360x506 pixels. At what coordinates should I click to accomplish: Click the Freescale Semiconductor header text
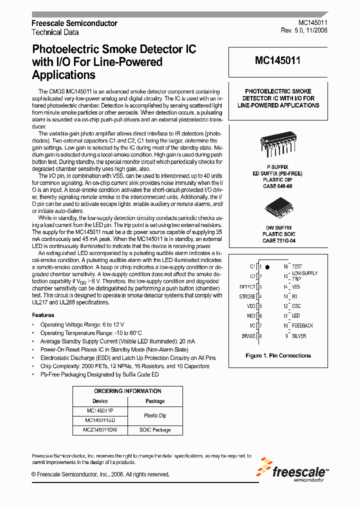(x=74, y=23)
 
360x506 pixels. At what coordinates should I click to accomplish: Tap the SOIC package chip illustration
(x=277, y=205)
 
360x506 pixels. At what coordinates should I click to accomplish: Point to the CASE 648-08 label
(x=277, y=186)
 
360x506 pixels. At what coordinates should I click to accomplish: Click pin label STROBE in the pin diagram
(x=247, y=296)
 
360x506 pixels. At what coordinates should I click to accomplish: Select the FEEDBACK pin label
(x=302, y=326)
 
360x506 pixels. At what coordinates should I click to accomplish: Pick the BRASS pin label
(x=248, y=336)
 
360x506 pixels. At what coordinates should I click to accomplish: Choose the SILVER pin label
(x=299, y=336)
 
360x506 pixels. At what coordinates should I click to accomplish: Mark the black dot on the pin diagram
(x=267, y=267)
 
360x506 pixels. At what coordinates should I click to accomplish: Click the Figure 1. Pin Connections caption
(x=278, y=355)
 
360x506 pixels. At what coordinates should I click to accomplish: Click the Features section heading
(x=43, y=315)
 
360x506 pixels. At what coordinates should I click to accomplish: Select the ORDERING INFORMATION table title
(x=127, y=391)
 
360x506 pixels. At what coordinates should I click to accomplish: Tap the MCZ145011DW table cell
(x=100, y=429)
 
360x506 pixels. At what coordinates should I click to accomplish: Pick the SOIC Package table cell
(x=155, y=429)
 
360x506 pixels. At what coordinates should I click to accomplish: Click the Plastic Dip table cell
(x=155, y=415)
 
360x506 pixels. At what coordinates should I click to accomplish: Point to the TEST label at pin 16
(x=297, y=267)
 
